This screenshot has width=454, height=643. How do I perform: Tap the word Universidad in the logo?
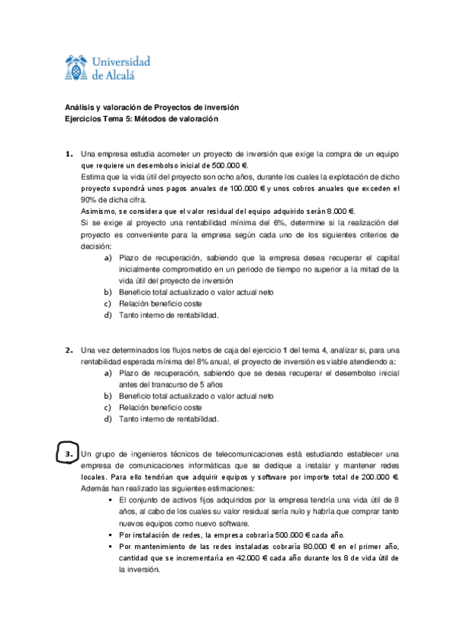pyautogui.click(x=120, y=61)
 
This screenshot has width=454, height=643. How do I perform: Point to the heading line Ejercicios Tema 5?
pyautogui.click(x=139, y=119)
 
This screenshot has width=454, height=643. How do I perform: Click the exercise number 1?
pyautogui.click(x=68, y=154)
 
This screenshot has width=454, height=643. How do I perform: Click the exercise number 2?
pyautogui.click(x=68, y=350)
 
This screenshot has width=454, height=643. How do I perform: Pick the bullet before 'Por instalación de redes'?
pyautogui.click(x=111, y=535)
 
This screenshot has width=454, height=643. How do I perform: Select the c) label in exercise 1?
pyautogui.click(x=107, y=303)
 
